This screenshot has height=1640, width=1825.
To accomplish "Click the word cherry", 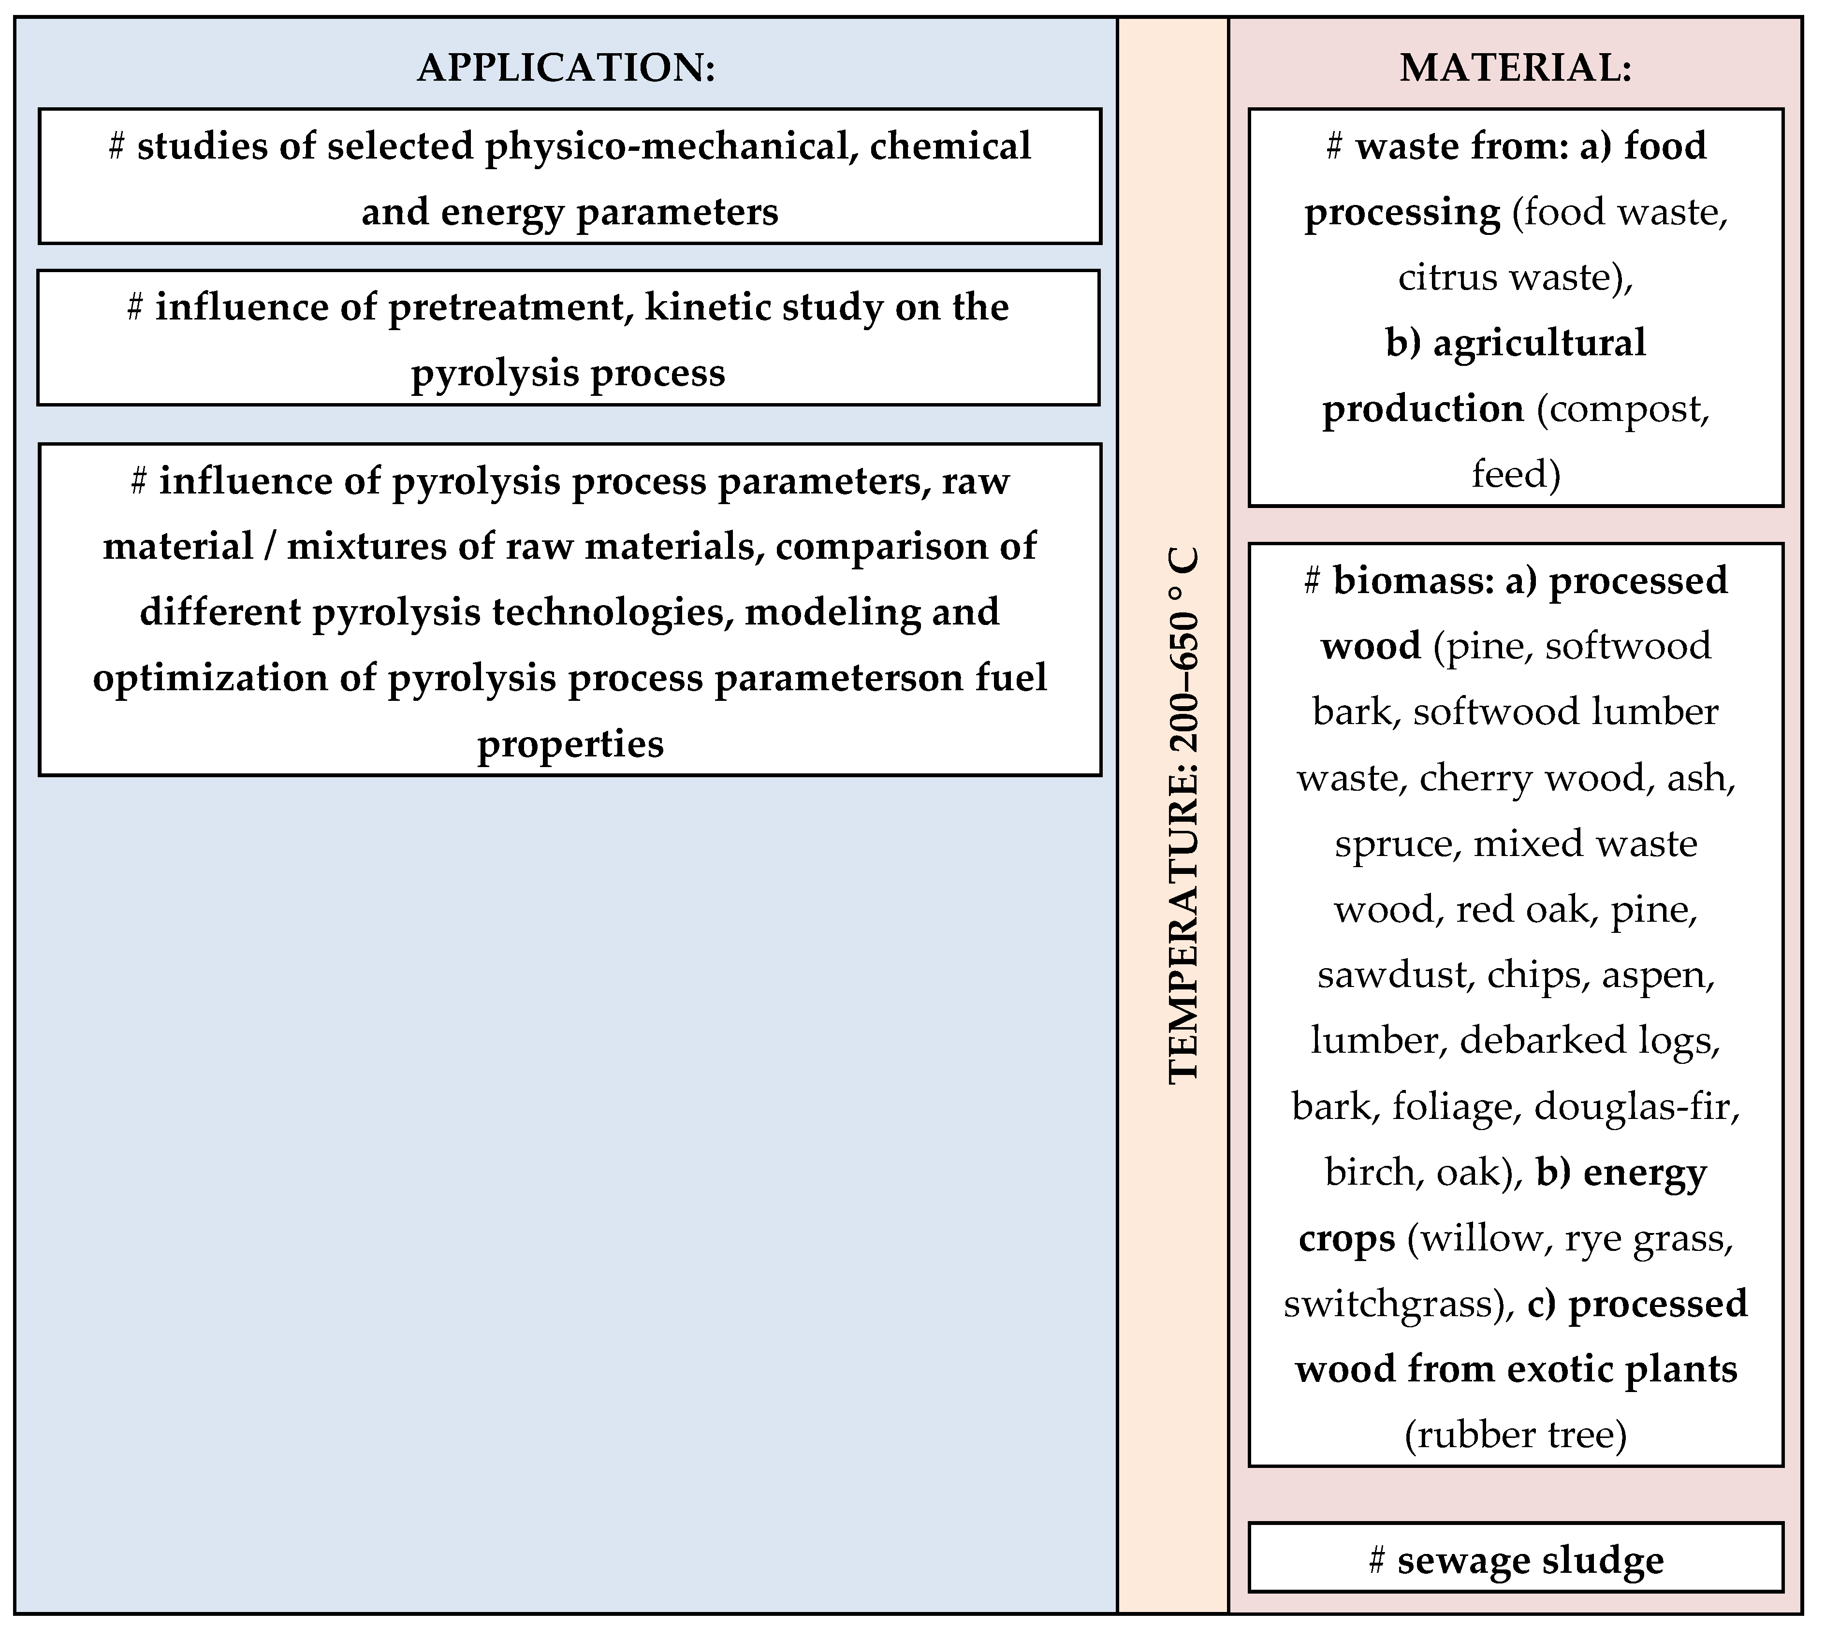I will pos(1475,778).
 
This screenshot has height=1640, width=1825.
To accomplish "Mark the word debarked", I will pos(1532,1041).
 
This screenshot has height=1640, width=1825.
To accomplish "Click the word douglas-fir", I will pos(1636,1106).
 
